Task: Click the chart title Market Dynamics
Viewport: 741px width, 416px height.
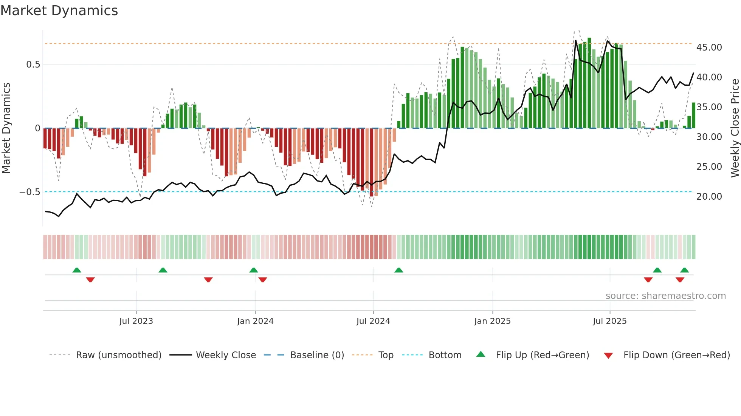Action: (x=59, y=11)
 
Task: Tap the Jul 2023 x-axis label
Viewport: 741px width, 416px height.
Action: (x=136, y=321)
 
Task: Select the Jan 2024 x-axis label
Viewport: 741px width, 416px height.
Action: (x=255, y=321)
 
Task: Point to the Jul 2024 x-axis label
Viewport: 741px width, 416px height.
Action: (x=373, y=321)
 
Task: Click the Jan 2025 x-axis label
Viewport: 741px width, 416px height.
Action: (x=492, y=321)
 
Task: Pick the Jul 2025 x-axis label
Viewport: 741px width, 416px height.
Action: (x=609, y=321)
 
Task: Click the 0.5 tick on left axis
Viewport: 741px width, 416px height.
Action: (x=33, y=65)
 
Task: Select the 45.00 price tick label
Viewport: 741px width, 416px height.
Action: (x=709, y=48)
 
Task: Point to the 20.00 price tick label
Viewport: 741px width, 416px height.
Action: (x=709, y=197)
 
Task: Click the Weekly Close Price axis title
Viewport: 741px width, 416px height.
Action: (x=735, y=128)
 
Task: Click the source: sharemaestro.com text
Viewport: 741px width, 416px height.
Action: (x=665, y=296)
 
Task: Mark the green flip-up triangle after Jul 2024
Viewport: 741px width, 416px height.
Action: (x=398, y=270)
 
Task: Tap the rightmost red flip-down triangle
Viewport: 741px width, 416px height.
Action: (x=680, y=280)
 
